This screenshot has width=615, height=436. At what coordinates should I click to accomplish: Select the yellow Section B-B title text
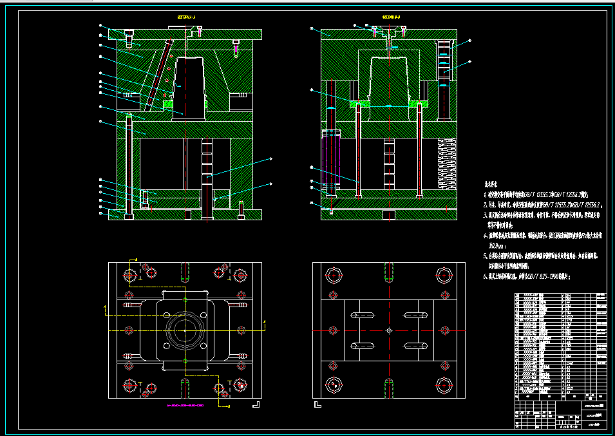point(392,17)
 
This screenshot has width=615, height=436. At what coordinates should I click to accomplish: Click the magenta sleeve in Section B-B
point(330,161)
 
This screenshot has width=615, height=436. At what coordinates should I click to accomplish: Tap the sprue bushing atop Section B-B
point(389,32)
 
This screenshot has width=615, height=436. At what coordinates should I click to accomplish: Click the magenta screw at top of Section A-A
point(200,30)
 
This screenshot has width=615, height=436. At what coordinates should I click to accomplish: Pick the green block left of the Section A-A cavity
point(168,102)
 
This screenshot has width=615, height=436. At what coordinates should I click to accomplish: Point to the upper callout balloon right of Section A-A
point(271,158)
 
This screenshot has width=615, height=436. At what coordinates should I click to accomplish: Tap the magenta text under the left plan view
point(185,406)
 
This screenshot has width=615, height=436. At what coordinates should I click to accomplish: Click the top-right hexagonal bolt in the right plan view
point(443,275)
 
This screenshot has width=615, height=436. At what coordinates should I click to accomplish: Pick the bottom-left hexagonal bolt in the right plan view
point(334,384)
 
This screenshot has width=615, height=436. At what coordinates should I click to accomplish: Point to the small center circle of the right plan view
point(389,330)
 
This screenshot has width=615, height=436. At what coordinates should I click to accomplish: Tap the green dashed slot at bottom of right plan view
point(390,388)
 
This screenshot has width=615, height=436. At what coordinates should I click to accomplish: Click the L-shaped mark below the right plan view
point(316,406)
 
